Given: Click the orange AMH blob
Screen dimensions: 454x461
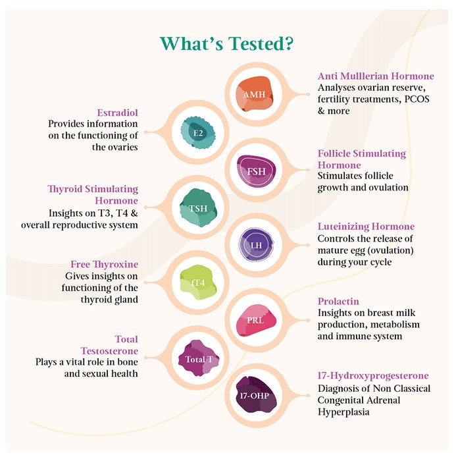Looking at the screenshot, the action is [x=255, y=94].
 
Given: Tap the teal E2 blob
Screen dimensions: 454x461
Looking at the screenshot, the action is [x=197, y=132].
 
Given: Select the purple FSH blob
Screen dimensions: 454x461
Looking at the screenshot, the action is [x=257, y=171].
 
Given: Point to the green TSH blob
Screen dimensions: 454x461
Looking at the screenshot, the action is [x=198, y=208].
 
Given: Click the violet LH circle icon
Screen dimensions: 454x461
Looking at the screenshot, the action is [x=256, y=245].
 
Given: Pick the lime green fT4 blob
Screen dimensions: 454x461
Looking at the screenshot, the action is [x=198, y=283].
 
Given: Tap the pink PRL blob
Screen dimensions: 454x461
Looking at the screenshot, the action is [x=256, y=320].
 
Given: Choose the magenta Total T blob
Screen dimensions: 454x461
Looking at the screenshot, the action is [x=199, y=358].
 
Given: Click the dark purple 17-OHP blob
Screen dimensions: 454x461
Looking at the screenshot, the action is [x=255, y=395].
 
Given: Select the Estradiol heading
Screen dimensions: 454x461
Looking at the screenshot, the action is [x=118, y=113].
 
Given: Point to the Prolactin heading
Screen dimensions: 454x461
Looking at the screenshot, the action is [x=338, y=302].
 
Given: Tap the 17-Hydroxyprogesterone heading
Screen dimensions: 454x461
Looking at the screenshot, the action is [x=373, y=376].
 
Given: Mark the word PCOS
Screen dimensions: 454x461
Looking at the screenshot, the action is [x=417, y=99].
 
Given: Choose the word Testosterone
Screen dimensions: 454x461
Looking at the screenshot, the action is [x=109, y=351].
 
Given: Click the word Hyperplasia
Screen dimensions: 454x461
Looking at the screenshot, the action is [x=343, y=412].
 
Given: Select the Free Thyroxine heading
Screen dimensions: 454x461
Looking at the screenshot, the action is [x=104, y=264].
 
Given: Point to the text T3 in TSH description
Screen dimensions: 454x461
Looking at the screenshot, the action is [x=105, y=213].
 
